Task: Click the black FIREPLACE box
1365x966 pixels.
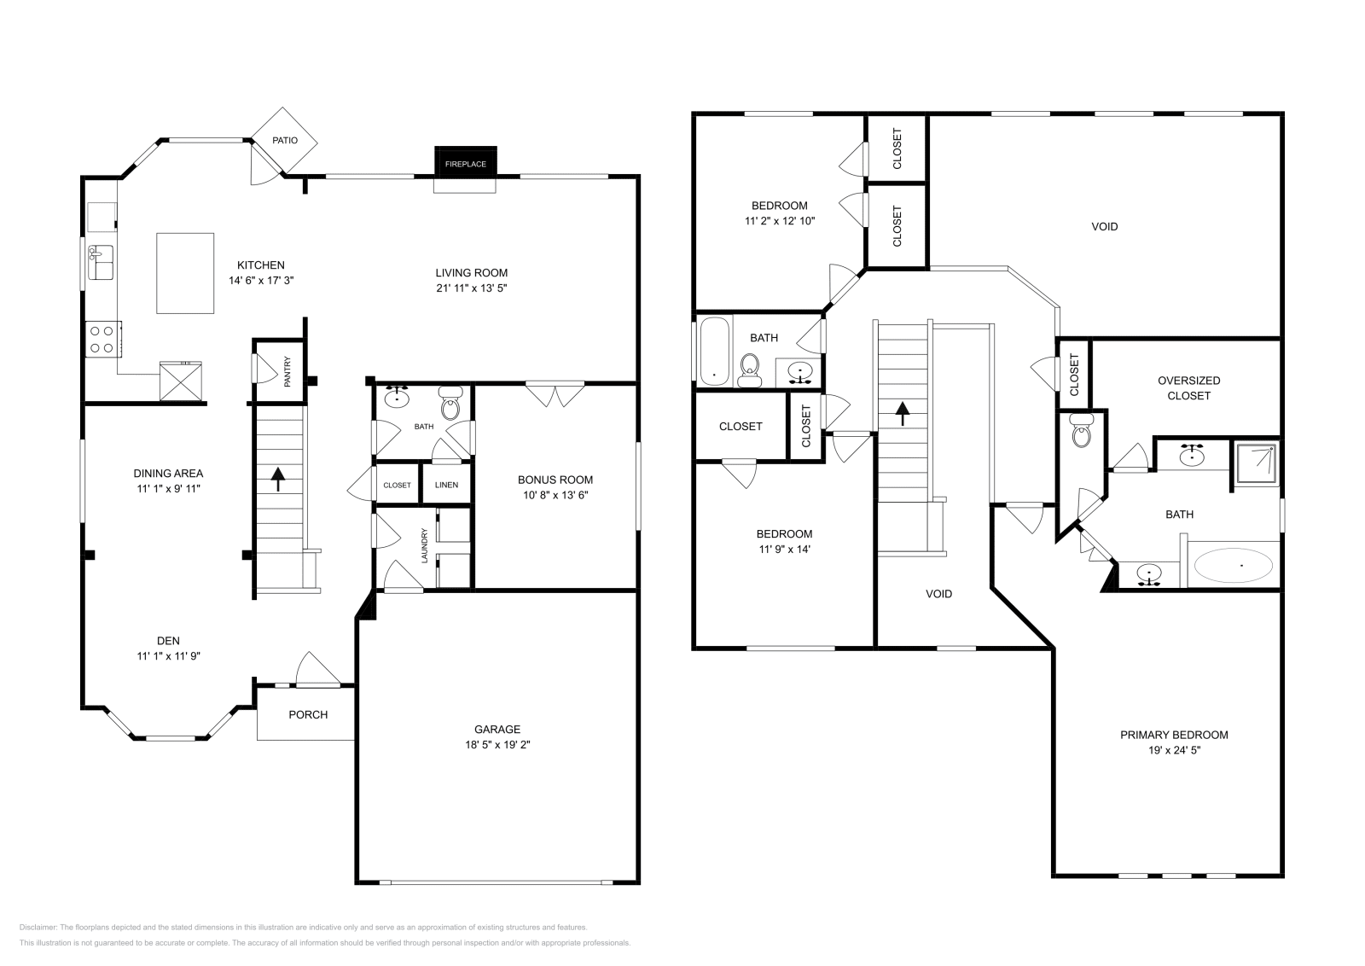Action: [x=465, y=162]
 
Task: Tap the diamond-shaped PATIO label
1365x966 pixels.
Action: [x=285, y=140]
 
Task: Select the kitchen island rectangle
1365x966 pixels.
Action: [x=185, y=273]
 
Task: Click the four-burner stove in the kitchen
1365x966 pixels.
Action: [x=102, y=339]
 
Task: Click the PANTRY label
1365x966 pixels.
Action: [x=288, y=372]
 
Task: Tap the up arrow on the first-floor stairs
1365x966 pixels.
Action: [x=278, y=479]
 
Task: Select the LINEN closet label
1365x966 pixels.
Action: [x=446, y=485]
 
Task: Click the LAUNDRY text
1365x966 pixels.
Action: [x=424, y=545]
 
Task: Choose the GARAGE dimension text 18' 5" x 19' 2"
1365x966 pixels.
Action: [x=497, y=744]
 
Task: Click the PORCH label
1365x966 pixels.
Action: [x=308, y=714]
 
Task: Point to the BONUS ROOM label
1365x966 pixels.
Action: [x=555, y=480]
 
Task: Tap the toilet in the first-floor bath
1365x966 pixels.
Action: [x=450, y=404]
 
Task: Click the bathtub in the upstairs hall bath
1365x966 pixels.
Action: [x=713, y=350]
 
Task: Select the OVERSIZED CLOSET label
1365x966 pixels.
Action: [x=1188, y=388]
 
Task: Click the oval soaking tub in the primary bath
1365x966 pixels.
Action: [x=1233, y=565]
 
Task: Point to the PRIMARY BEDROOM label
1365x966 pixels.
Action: [x=1174, y=735]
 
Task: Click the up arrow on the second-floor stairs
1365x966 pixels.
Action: [x=901, y=414]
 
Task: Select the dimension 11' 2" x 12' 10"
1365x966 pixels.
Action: [x=780, y=221]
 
